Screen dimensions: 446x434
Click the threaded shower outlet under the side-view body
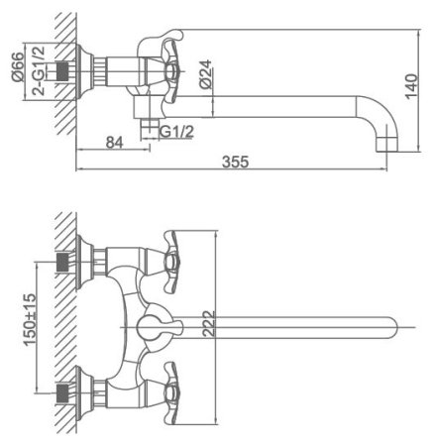pos(153,126)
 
